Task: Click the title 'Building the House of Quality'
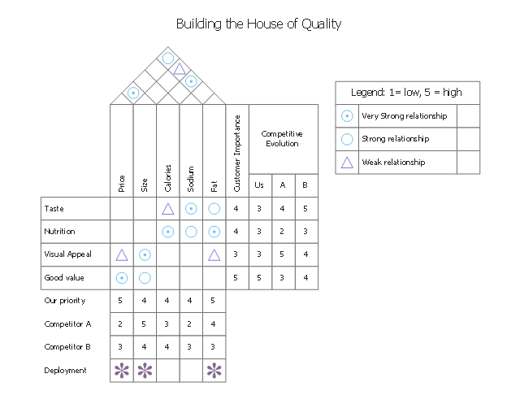[x=258, y=24]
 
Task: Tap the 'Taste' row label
[x=54, y=209]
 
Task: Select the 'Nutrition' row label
[x=58, y=232]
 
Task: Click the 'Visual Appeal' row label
[x=67, y=254]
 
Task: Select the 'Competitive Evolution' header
[x=282, y=138]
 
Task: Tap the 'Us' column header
[x=259, y=185]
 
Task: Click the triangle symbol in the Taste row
[x=167, y=209]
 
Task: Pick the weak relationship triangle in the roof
[x=179, y=69]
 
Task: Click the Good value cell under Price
[x=121, y=278]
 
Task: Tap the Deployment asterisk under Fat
[x=214, y=371]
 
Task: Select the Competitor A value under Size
[x=145, y=324]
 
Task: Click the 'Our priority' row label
[x=64, y=301]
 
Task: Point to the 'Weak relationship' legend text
[x=393, y=163]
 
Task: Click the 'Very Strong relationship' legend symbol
[x=347, y=116]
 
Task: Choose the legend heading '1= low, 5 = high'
[x=406, y=92]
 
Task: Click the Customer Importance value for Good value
[x=236, y=278]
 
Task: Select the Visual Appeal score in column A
[x=283, y=254]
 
